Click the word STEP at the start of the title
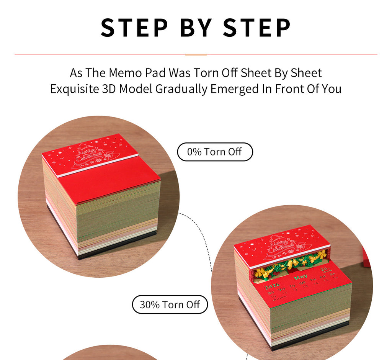pyautogui.click(x=134, y=28)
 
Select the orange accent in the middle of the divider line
pyautogui.click(x=196, y=55)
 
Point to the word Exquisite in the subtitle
pyautogui.click(x=75, y=89)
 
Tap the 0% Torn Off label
pyautogui.click(x=214, y=152)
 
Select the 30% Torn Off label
pyautogui.click(x=170, y=305)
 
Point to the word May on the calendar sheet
pyautogui.click(x=301, y=277)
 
